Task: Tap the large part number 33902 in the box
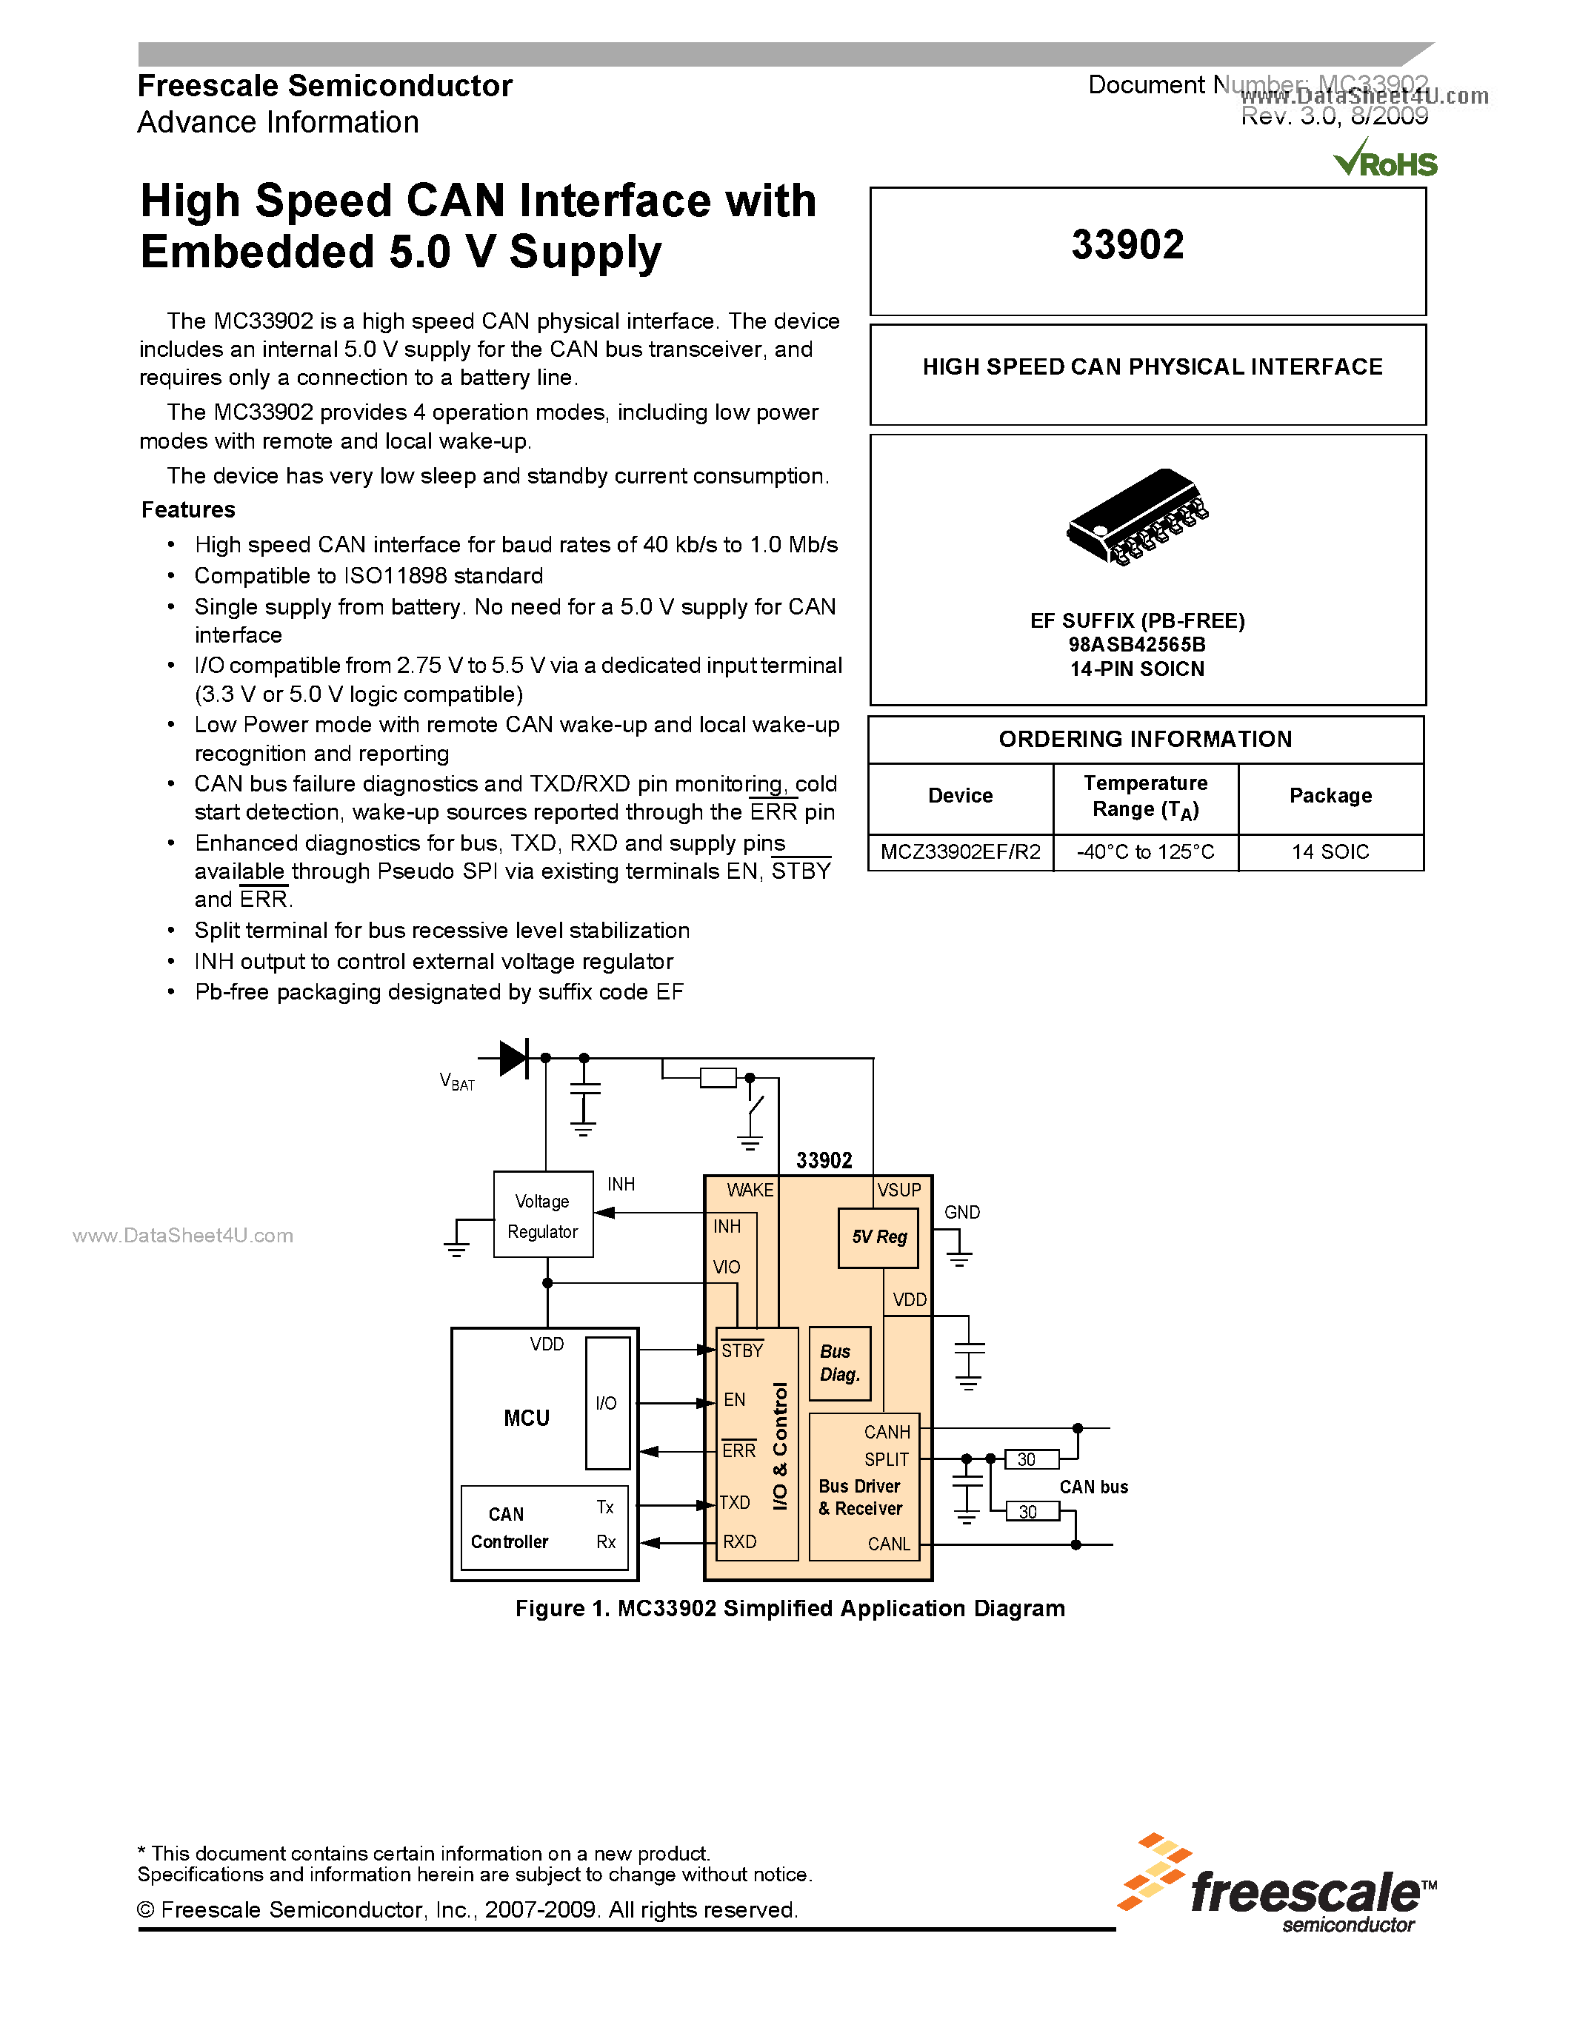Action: (1127, 245)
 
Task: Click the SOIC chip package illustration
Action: (1137, 518)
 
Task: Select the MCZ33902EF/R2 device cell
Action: (961, 852)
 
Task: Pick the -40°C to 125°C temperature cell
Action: (1145, 852)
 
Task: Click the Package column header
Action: (1330, 796)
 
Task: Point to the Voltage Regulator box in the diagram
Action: (543, 1216)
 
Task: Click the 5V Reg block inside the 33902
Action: (878, 1237)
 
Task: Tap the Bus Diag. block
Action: (839, 1363)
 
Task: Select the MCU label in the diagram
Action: (527, 1418)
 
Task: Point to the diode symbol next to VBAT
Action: (514, 1058)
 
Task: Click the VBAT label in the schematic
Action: (457, 1082)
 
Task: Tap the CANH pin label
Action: (887, 1432)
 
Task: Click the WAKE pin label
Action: (750, 1191)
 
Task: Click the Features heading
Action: (188, 510)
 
